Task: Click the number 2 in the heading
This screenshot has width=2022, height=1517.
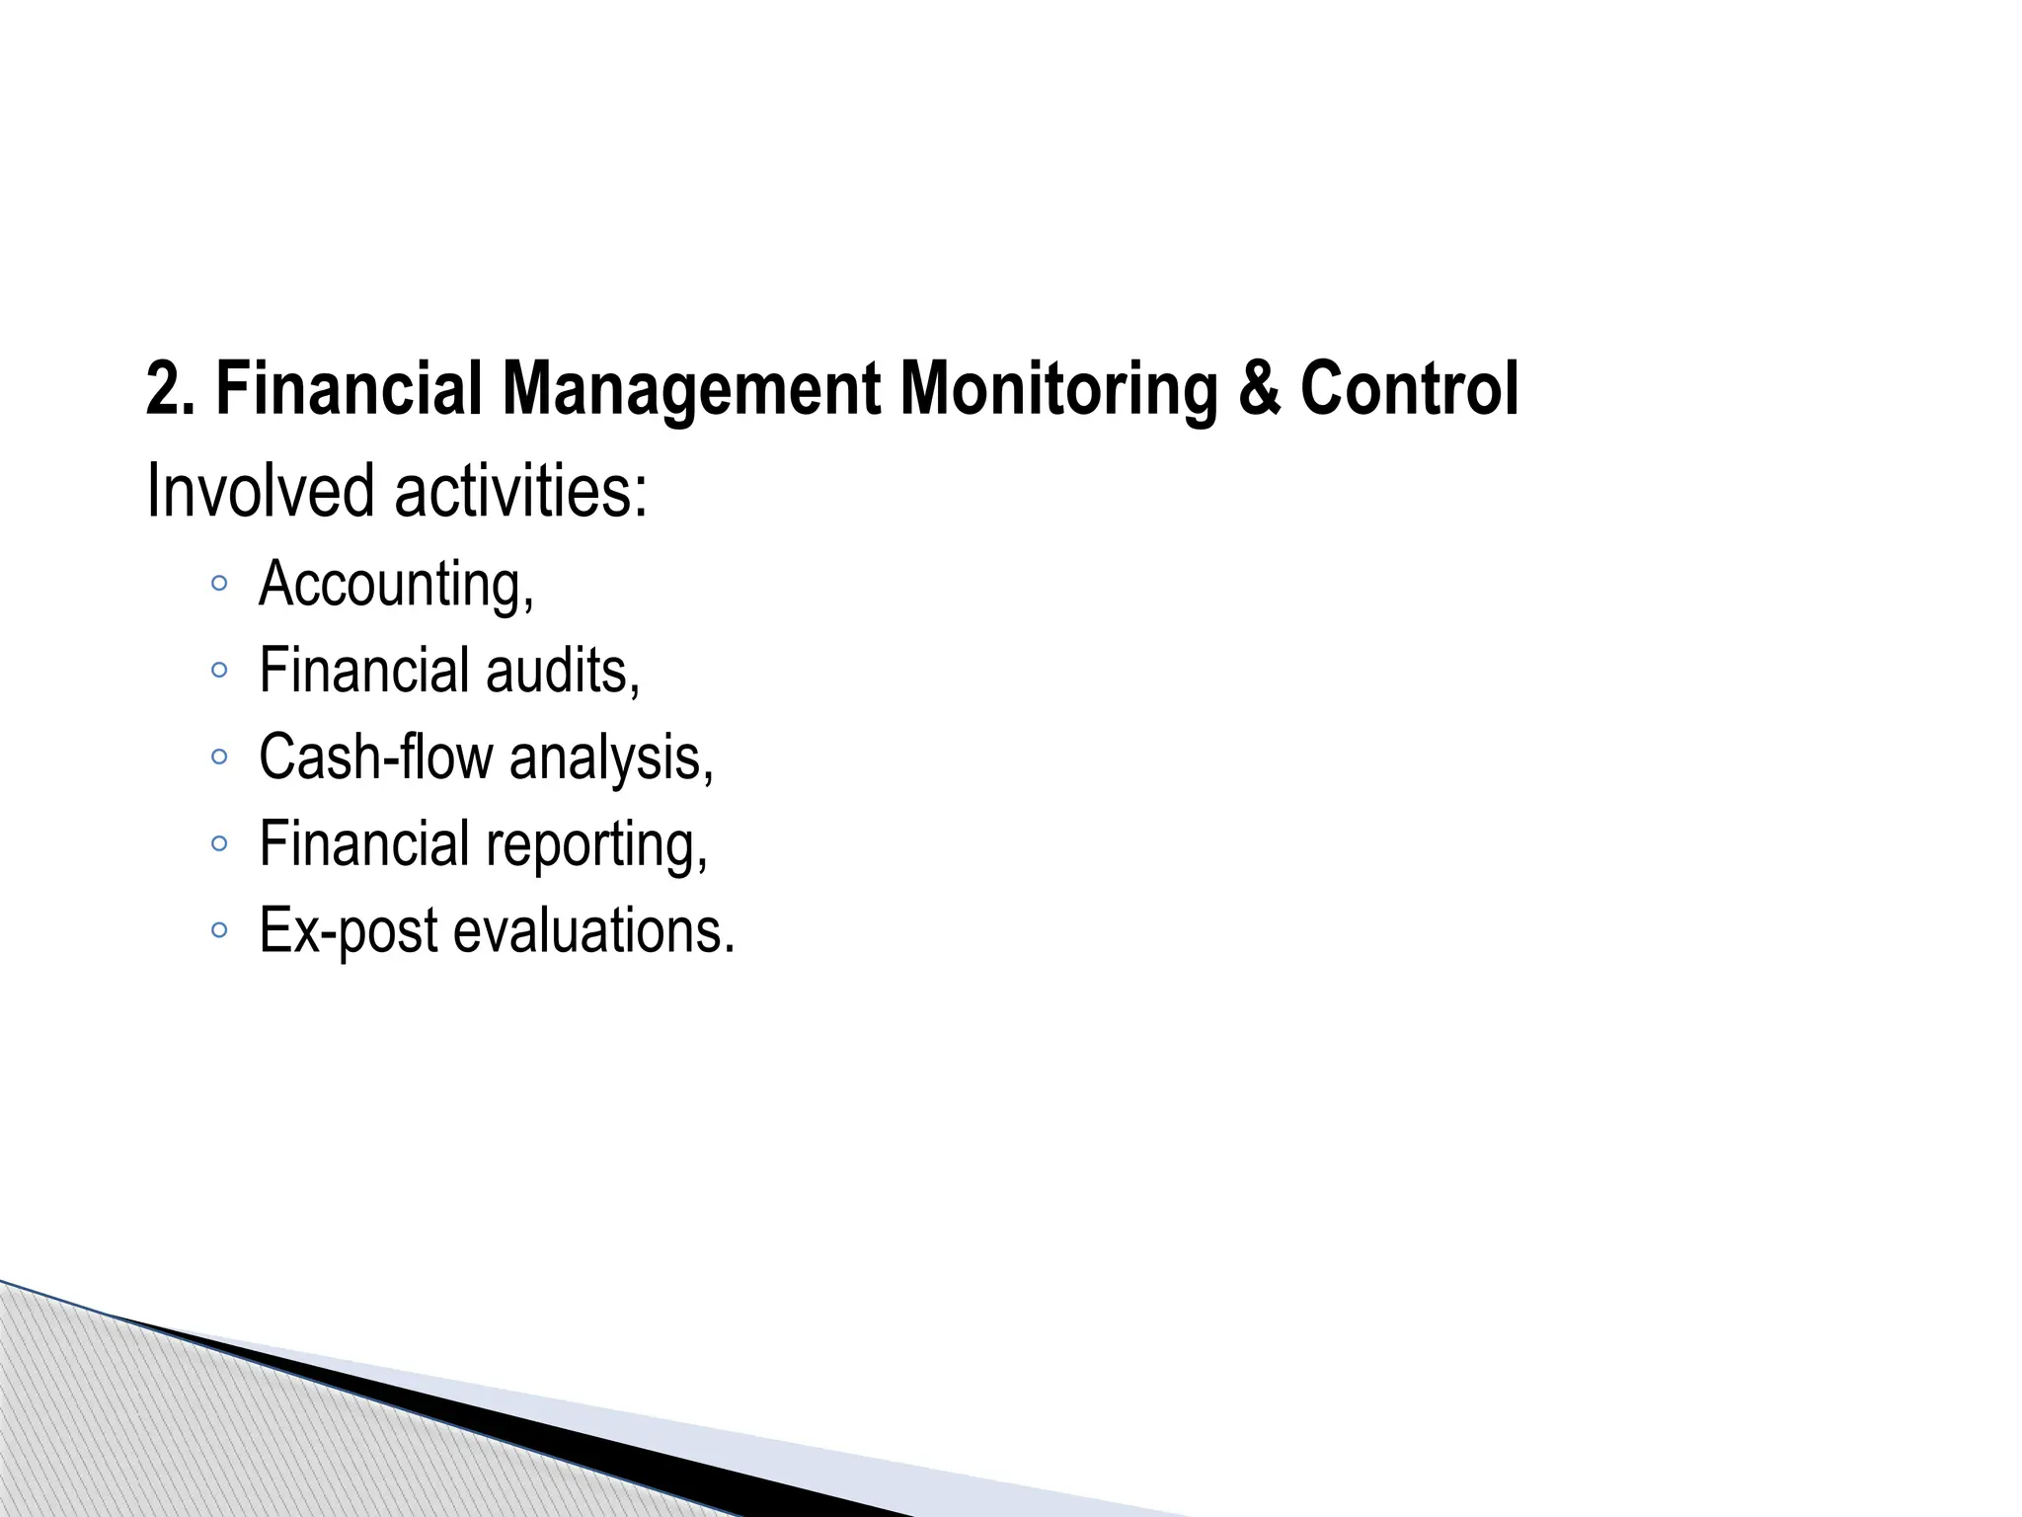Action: click(162, 389)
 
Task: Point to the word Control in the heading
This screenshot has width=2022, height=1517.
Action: click(1409, 389)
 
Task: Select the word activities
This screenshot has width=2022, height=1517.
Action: click(520, 491)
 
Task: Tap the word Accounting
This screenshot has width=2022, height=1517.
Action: click(395, 584)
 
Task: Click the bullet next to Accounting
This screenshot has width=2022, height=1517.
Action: click(219, 584)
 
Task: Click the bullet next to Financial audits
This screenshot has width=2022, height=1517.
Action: click(219, 671)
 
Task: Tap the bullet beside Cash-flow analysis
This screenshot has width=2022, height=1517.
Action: click(219, 758)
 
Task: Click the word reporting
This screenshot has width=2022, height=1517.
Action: click(596, 845)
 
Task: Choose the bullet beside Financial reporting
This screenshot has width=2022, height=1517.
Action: click(219, 844)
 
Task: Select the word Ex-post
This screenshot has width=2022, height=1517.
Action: click(348, 931)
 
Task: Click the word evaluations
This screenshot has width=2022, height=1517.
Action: click(593, 931)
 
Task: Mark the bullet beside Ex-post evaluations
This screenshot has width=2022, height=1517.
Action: click(219, 930)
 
